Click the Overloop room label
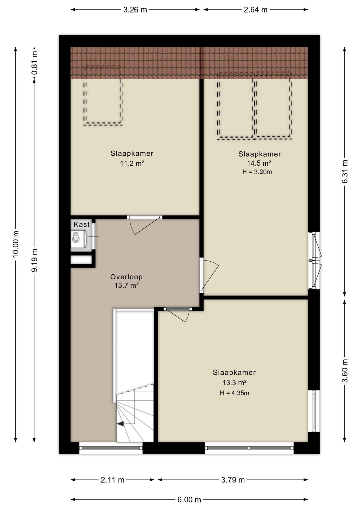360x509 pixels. click(126, 277)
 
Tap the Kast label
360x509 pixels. click(82, 225)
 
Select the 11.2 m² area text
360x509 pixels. click(132, 163)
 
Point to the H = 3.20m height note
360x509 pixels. click(257, 172)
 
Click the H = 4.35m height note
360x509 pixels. click(234, 393)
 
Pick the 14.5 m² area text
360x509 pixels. click(259, 163)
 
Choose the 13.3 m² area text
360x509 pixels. click(234, 383)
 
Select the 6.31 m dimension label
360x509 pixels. click(345, 172)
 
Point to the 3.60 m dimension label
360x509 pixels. click(345, 371)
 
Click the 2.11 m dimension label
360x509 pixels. click(112, 480)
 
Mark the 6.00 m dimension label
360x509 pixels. click(189, 500)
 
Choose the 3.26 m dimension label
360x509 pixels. click(135, 10)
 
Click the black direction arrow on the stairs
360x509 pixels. click(120, 424)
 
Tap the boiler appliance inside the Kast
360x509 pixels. click(78, 239)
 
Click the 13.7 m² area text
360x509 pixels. click(126, 286)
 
